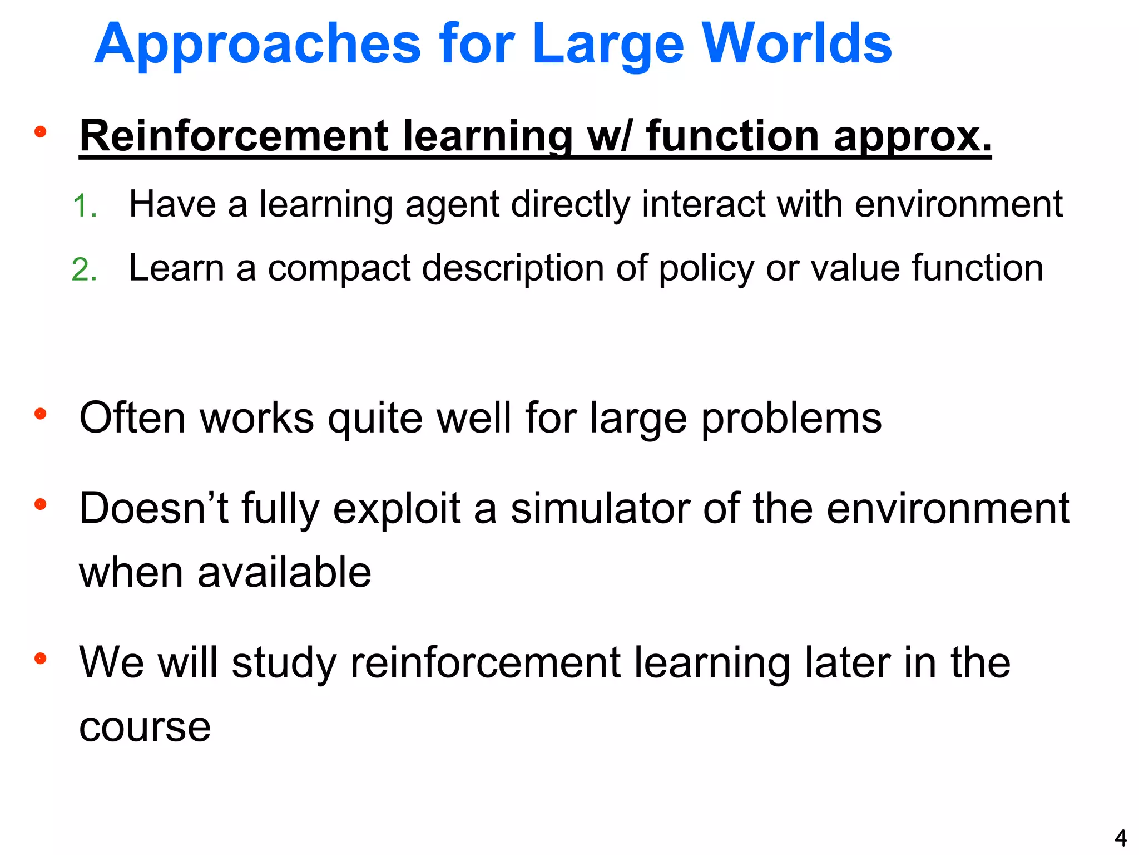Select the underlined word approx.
912,136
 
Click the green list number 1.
85,206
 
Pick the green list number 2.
85,270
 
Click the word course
145,727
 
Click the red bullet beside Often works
40,414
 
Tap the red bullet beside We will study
40,659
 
